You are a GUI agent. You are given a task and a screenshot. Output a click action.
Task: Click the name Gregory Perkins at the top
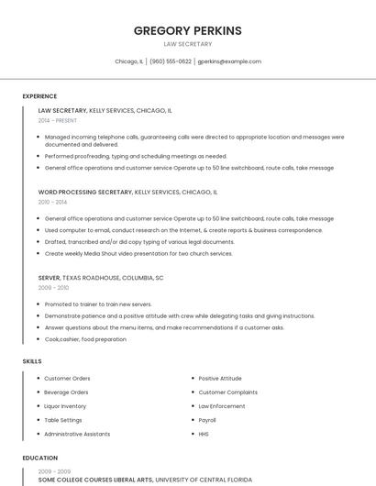point(187,30)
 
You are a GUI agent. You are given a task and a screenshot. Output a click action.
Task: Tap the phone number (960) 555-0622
point(171,61)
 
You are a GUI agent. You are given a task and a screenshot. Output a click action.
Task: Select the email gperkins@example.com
point(229,61)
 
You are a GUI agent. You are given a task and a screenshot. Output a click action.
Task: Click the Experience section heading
point(39,96)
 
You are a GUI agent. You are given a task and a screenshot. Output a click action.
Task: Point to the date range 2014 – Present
point(58,120)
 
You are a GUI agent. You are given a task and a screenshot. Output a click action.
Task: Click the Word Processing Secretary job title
point(85,193)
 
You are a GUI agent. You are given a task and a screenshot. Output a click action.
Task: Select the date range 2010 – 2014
point(52,202)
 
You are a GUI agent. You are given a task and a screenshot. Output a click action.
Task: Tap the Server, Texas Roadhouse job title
point(101,277)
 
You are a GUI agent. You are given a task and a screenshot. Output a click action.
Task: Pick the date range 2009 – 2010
point(53,287)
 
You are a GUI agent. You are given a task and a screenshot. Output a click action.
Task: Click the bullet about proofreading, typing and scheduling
point(136,156)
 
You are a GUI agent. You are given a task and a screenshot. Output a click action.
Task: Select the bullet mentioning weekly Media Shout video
point(138,253)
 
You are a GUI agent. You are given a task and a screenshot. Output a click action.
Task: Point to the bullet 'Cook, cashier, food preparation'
point(85,339)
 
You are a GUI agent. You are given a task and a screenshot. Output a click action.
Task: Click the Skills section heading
point(32,361)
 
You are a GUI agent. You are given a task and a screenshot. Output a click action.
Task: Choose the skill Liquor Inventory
point(65,405)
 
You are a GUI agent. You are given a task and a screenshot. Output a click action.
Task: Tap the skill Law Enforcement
point(222,405)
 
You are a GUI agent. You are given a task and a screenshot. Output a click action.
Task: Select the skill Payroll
point(207,419)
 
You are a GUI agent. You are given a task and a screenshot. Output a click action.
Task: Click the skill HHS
point(204,433)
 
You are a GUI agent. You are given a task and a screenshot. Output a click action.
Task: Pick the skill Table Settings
point(63,419)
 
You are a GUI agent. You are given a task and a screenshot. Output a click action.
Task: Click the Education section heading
point(39,458)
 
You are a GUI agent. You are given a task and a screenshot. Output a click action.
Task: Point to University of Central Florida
point(203,479)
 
